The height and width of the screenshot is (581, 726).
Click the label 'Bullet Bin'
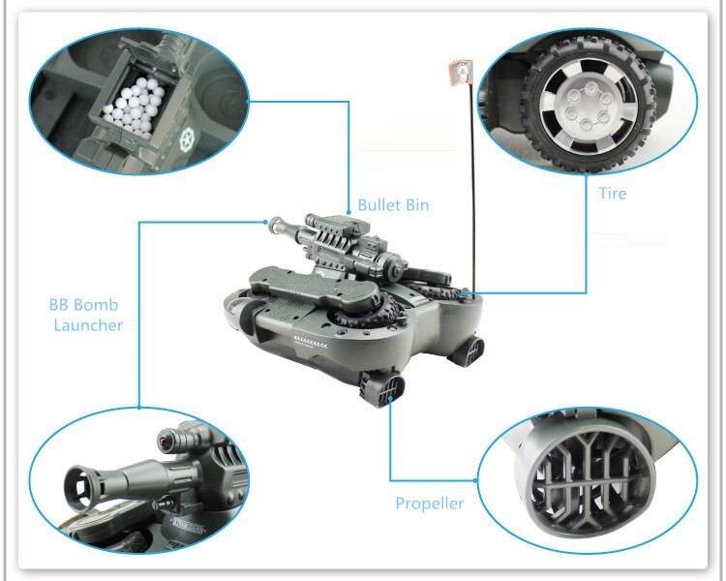pos(393,204)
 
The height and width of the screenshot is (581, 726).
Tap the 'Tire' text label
pos(612,194)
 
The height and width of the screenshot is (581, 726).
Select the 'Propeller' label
pos(429,504)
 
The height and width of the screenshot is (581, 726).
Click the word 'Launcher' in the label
pos(88,324)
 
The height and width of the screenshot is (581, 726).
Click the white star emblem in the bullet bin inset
pos(188,138)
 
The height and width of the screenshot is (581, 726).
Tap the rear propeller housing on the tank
pos(469,351)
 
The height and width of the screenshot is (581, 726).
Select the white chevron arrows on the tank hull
pos(311,345)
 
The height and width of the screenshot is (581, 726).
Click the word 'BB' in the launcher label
pos(58,305)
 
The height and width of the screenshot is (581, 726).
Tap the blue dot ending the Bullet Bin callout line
pos(348,212)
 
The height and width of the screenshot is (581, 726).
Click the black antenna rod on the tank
pos(471,185)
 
